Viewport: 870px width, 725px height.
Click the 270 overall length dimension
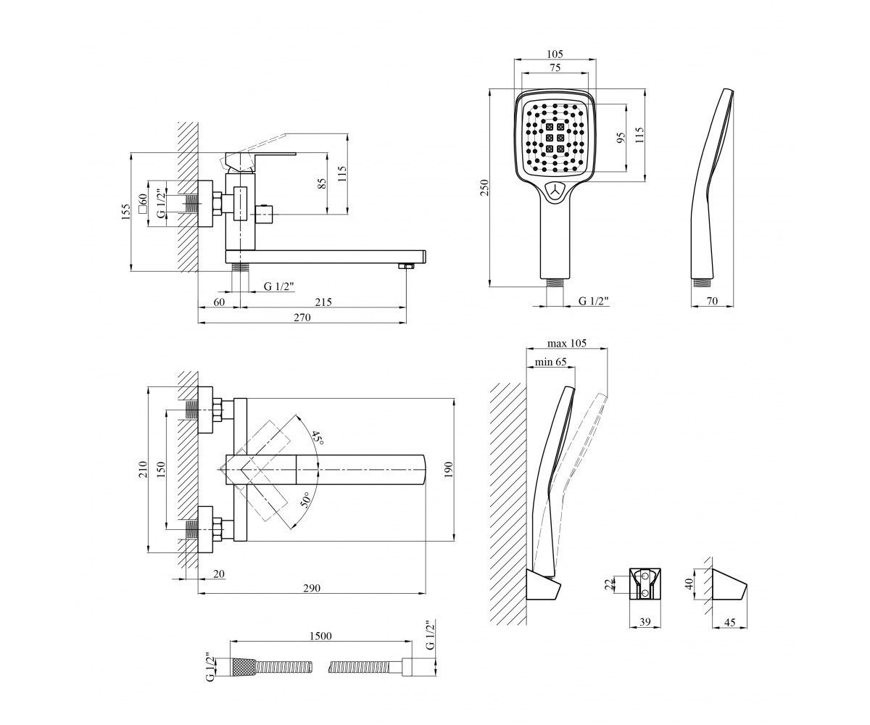[x=302, y=318]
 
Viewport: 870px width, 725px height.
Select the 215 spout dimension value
[x=323, y=302]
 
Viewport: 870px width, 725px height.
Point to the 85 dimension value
[x=322, y=183]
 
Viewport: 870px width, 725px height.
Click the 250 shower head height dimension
[x=484, y=188]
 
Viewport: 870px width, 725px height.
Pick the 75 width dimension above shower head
[x=555, y=67]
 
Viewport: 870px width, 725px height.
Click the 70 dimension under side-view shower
[x=712, y=301]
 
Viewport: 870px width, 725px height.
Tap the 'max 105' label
[x=567, y=343]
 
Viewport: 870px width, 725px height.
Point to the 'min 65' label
[x=550, y=362]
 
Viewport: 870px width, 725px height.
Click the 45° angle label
[x=318, y=439]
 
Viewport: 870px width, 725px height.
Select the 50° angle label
[x=305, y=500]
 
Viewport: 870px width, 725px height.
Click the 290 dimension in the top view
[x=312, y=588]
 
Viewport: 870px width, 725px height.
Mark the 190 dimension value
[x=449, y=470]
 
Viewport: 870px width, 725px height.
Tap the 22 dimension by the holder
[x=609, y=584]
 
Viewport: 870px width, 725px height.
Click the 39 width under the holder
[x=645, y=622]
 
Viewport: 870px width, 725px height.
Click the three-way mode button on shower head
[x=555, y=191]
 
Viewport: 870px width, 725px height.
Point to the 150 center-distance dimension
[x=162, y=469]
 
